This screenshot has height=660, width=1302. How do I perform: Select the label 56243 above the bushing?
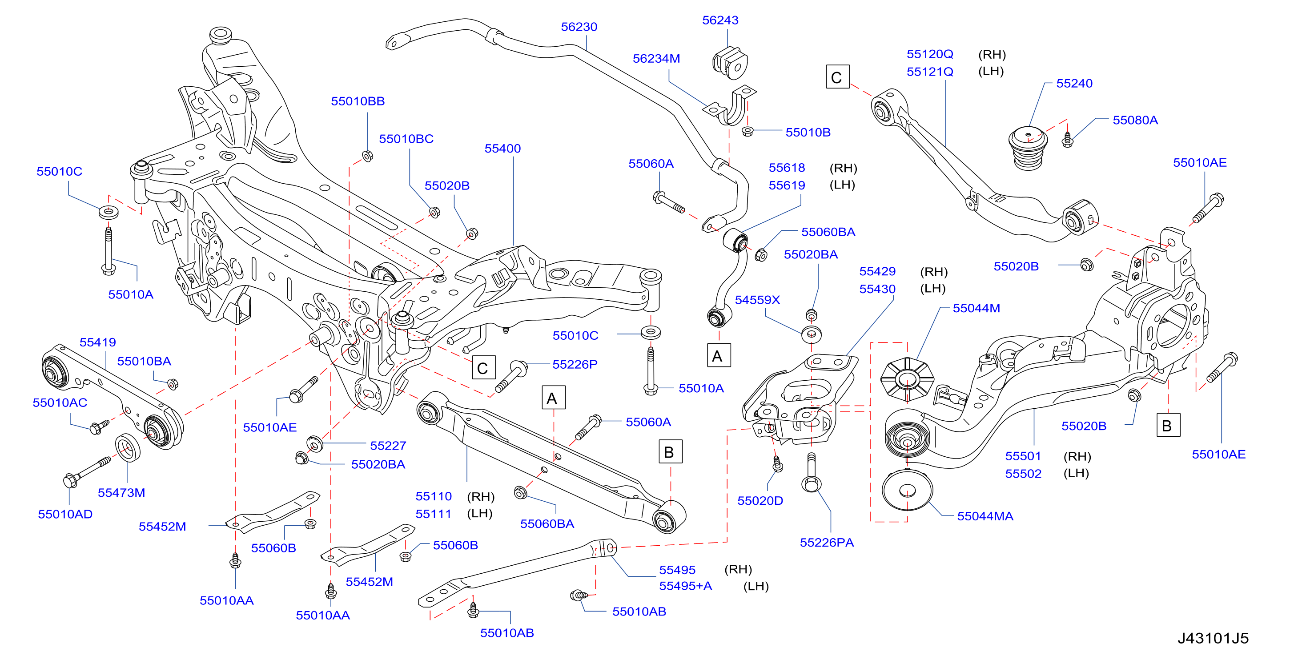click(x=720, y=20)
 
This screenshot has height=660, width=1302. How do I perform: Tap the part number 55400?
click(x=502, y=149)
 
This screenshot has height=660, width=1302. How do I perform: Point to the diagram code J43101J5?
click(x=1213, y=638)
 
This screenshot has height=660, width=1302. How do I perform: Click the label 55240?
click(x=1074, y=83)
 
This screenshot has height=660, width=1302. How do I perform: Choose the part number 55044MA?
click(x=985, y=516)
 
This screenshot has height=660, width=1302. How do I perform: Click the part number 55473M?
click(x=121, y=492)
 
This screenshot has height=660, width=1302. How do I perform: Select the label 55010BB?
click(x=358, y=101)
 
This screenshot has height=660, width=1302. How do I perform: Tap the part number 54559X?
click(x=757, y=300)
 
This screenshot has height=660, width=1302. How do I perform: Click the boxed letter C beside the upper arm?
click(x=837, y=77)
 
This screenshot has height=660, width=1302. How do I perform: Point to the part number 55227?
click(x=388, y=446)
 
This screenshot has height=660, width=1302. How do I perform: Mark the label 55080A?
click(x=1135, y=120)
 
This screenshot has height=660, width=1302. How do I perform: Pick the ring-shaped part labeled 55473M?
click(x=129, y=447)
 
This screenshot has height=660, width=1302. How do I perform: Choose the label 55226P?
click(x=575, y=364)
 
